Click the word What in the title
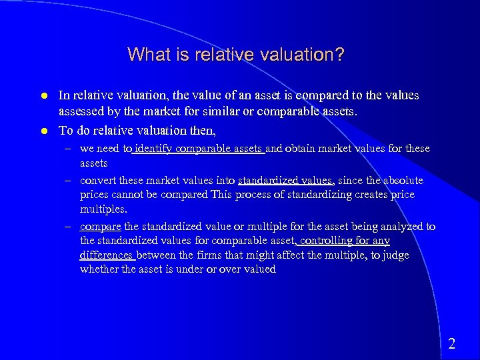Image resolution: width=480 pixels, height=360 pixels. (145, 54)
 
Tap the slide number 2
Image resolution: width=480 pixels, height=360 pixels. (452, 344)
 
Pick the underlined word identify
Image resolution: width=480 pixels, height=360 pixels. (152, 149)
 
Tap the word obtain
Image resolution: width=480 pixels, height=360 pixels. (307, 149)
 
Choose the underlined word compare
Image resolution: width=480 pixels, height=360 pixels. (99, 227)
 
